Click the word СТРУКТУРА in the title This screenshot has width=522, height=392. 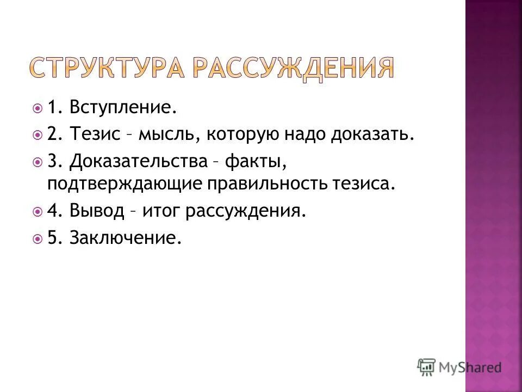(107, 68)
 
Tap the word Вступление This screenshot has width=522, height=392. (123, 107)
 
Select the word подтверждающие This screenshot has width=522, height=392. (123, 183)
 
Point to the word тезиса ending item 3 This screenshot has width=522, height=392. (361, 183)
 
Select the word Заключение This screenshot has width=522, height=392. (125, 238)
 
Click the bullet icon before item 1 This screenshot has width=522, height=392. (37, 108)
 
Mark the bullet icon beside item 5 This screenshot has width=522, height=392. (37, 238)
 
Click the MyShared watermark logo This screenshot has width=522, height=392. (459, 366)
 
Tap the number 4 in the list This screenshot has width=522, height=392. (52, 210)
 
